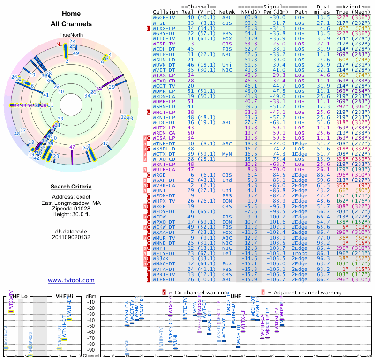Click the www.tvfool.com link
[71, 280]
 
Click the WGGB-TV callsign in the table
[164, 17]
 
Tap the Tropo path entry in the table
[301, 254]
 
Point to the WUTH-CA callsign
[164, 169]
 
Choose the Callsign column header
[165, 12]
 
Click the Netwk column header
[227, 12]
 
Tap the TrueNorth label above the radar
[71, 35]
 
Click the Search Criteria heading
[71, 187]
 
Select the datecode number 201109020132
[71, 237]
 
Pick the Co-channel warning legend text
[197, 292]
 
